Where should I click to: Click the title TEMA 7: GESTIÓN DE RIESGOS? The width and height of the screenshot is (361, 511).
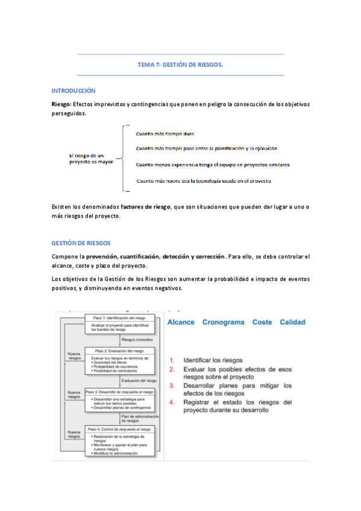180,64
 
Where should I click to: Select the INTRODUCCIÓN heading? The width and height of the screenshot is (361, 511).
74,90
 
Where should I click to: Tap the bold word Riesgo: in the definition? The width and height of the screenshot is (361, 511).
62,104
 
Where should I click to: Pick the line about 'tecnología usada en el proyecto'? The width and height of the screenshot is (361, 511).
203,181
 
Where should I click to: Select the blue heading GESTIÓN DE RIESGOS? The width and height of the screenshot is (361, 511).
81,243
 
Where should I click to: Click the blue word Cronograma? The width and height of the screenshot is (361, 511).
224,322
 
